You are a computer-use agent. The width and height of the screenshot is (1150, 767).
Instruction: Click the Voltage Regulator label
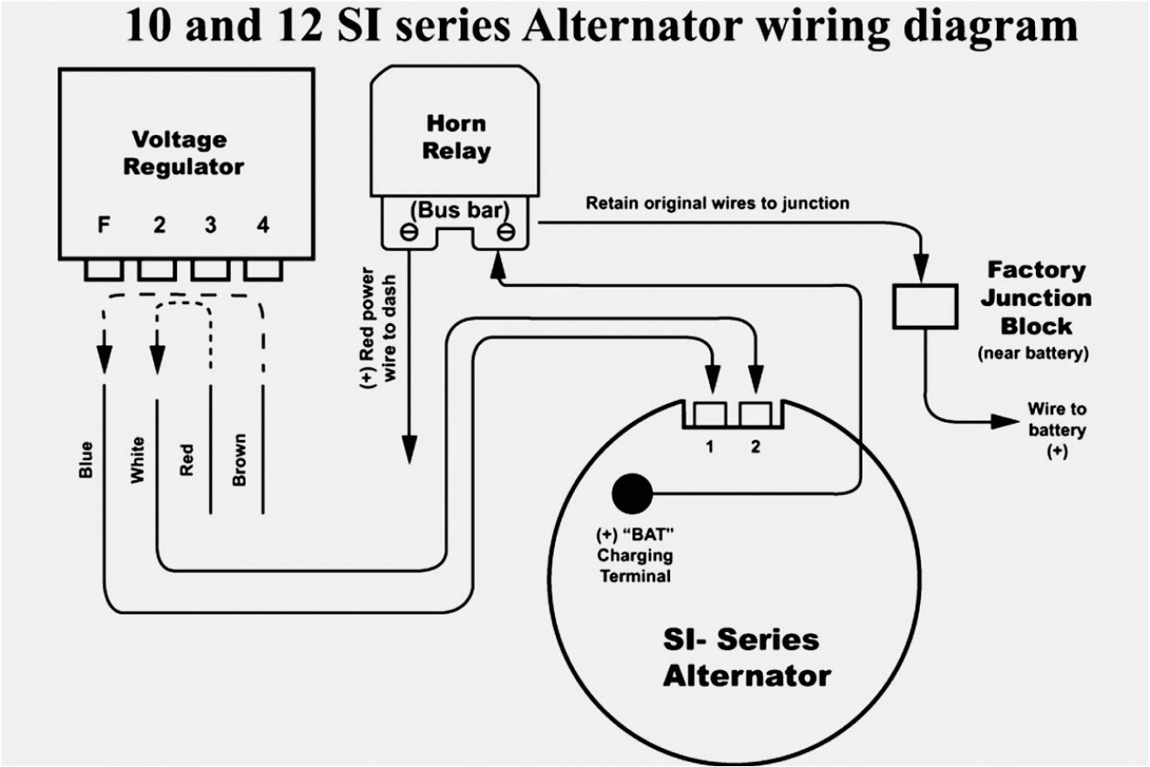click(x=183, y=153)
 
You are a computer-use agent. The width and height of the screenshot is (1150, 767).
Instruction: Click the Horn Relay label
click(x=456, y=136)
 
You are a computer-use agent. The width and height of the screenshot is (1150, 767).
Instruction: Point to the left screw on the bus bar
click(x=405, y=232)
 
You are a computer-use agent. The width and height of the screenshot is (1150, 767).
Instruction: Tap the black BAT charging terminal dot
click(x=632, y=495)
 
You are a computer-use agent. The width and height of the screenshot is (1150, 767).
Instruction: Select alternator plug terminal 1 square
click(x=710, y=412)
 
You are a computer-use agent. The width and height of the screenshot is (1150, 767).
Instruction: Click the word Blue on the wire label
click(x=85, y=460)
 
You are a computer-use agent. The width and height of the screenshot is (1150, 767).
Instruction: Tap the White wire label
click(x=137, y=460)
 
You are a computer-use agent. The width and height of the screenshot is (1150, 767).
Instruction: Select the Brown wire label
click(x=239, y=460)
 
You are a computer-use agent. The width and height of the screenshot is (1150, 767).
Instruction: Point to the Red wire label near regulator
click(x=186, y=460)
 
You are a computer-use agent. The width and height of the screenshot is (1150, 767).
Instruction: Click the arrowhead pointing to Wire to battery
click(x=1004, y=422)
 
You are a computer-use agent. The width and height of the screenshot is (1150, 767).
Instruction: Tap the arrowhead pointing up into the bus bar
click(x=498, y=260)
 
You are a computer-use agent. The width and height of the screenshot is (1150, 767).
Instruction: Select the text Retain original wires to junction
click(x=717, y=204)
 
